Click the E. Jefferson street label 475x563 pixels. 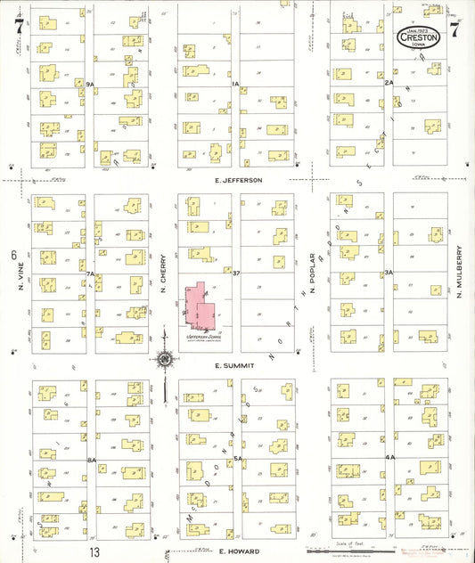pyautogui.click(x=238, y=180)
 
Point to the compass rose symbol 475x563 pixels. pyautogui.click(x=164, y=360)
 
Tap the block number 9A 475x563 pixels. pyautogui.click(x=90, y=83)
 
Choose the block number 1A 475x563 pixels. pyautogui.click(x=236, y=83)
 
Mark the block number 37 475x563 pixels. pyautogui.click(x=237, y=272)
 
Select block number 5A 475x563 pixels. pyautogui.click(x=238, y=460)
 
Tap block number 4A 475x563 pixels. pyautogui.click(x=389, y=458)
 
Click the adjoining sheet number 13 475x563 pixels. pyautogui.click(x=94, y=551)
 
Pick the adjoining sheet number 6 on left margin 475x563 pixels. pyautogui.click(x=14, y=256)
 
